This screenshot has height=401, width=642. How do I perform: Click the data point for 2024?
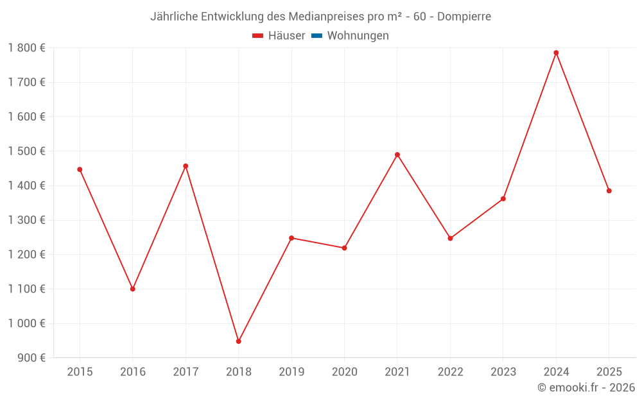556,53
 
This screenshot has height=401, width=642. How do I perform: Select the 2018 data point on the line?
238,341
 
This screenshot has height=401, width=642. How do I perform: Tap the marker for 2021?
397,155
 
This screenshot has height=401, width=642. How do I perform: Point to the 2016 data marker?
133,289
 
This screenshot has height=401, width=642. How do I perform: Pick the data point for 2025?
609,191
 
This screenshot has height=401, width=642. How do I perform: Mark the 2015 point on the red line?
80,169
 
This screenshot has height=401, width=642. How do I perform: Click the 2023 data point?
503,199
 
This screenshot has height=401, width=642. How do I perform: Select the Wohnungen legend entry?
358,36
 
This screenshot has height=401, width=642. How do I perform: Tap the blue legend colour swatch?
317,36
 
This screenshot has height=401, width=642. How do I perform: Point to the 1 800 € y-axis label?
27,47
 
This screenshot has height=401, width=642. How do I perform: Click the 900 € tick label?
31,358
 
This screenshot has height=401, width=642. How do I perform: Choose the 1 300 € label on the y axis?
27,220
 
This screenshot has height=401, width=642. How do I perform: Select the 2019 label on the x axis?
291,372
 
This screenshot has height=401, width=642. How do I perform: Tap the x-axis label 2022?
450,372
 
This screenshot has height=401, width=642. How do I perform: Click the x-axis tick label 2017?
186,372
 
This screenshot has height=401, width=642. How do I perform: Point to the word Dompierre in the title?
464,17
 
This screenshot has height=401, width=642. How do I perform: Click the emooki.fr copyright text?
586,388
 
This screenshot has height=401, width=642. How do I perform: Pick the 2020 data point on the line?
344,248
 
